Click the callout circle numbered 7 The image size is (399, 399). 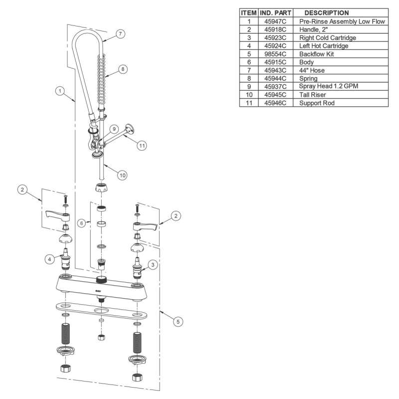(x=120, y=34)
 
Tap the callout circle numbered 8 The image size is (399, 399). (x=123, y=69)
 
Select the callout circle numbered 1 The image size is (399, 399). (x=60, y=91)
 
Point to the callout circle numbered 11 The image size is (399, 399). (x=142, y=146)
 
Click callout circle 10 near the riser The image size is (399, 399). (x=122, y=175)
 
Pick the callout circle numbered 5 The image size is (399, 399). (x=178, y=321)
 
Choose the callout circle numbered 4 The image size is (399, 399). (x=49, y=259)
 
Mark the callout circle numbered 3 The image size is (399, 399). (x=153, y=265)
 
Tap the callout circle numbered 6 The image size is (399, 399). (x=81, y=223)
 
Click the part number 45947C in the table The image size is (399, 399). (x=275, y=21)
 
